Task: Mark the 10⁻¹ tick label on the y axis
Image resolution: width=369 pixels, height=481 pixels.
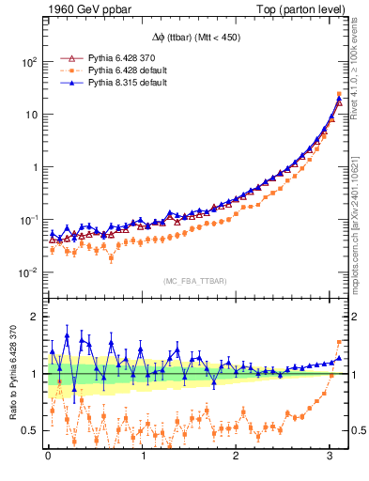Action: coord(28,220)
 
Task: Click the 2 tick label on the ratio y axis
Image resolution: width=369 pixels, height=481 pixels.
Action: coord(35,317)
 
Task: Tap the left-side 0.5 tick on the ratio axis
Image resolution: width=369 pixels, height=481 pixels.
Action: coord(31,430)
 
